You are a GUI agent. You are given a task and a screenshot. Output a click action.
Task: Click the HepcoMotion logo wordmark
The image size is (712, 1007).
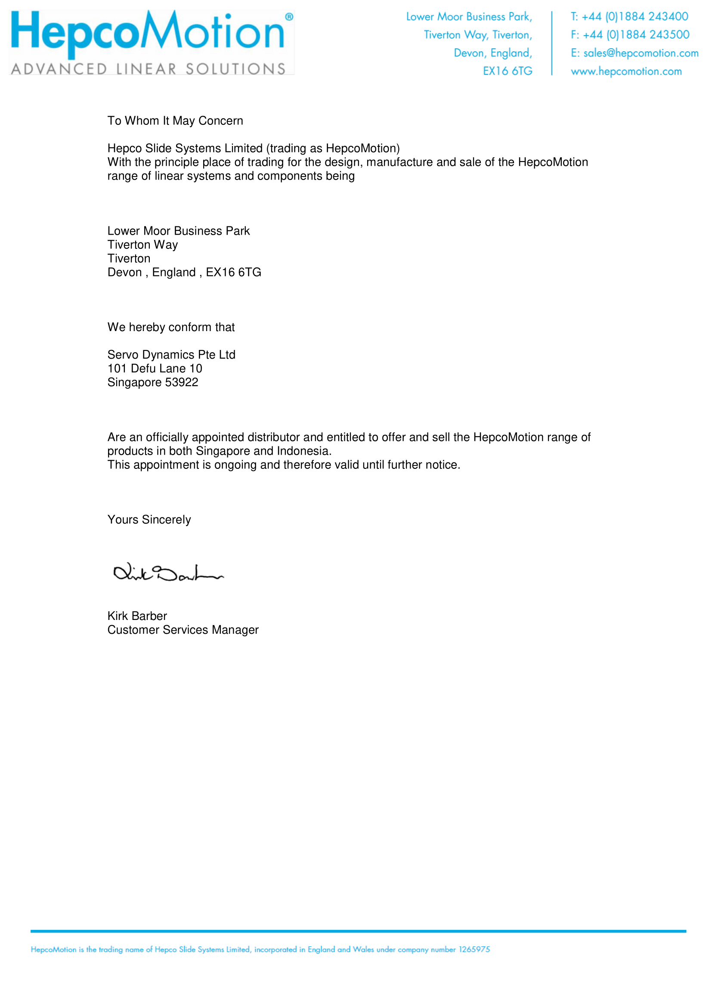[147, 31]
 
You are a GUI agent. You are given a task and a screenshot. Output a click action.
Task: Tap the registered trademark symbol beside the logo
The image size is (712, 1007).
[289, 17]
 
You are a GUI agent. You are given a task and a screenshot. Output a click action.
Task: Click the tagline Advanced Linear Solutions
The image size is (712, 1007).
[148, 69]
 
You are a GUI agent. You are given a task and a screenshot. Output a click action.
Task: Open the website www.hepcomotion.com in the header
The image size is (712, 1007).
[626, 71]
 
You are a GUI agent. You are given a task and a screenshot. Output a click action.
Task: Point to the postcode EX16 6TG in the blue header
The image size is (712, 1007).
[507, 71]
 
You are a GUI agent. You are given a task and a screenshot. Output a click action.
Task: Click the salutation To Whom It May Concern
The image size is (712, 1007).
[175, 121]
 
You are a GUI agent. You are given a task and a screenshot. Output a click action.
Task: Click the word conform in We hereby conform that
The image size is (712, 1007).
[189, 327]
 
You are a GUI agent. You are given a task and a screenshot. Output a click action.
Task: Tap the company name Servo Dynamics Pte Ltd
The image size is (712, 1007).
[171, 355]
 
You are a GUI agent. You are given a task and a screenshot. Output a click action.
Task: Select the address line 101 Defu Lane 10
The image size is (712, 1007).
[155, 369]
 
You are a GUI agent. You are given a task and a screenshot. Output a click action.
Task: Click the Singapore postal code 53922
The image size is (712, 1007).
[182, 382]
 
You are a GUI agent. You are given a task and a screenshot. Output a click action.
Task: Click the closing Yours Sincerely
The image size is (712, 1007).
[149, 520]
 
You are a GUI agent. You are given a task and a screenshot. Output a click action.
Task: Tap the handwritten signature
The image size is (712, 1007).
[168, 573]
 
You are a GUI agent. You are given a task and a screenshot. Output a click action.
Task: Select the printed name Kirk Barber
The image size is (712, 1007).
[137, 616]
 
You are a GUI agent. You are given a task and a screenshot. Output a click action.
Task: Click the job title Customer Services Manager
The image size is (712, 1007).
[183, 630]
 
